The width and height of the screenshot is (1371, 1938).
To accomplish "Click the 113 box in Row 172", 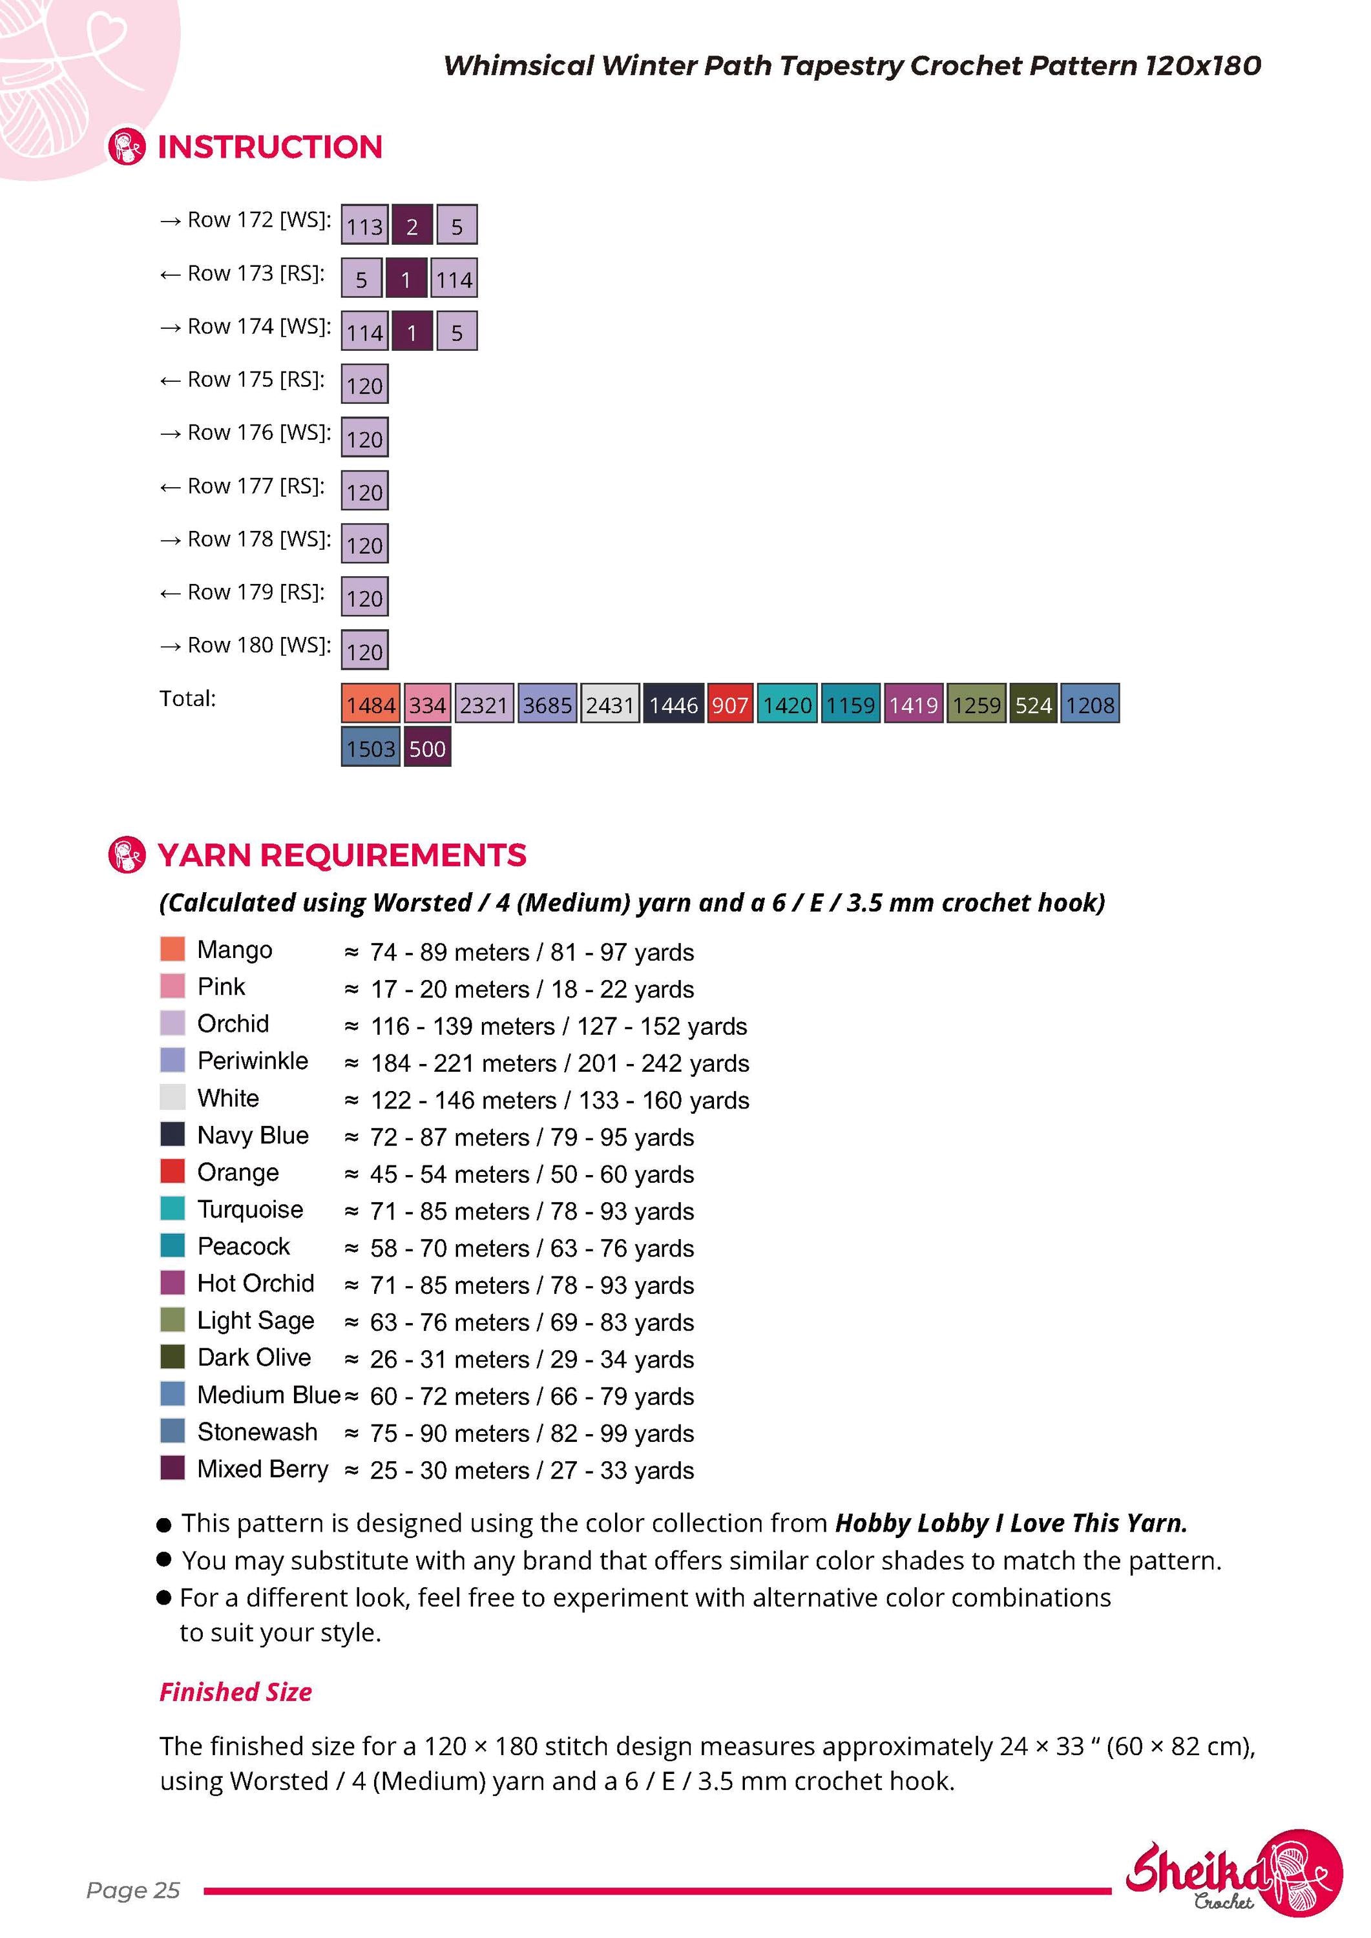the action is (x=364, y=225).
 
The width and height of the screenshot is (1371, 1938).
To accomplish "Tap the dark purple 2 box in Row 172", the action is (x=412, y=225).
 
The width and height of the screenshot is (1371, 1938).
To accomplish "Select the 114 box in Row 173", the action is (x=454, y=278).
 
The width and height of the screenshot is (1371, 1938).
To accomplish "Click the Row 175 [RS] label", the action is (x=242, y=380).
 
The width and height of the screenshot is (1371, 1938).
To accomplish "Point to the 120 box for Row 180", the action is (x=364, y=650).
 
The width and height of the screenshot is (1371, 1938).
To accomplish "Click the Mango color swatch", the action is (x=173, y=949).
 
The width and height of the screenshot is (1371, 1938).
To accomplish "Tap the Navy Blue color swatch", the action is (x=173, y=1134).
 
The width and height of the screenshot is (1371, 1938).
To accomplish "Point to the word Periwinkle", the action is (x=253, y=1061).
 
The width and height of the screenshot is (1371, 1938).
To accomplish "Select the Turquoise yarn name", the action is (x=250, y=1209).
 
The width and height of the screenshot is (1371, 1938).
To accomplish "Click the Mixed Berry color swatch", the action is (x=173, y=1467).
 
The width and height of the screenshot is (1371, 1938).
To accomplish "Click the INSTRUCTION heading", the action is (x=270, y=147).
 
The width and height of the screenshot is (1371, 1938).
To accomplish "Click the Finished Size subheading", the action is (x=236, y=1693).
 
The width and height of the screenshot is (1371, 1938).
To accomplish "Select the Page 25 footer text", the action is (x=133, y=1890).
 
